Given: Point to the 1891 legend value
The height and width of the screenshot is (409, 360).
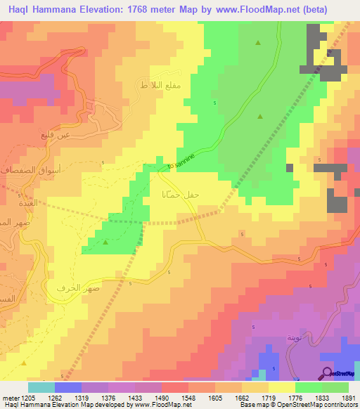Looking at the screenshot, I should coord(348,397).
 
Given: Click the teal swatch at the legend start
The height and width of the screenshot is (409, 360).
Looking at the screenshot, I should coord(41,387).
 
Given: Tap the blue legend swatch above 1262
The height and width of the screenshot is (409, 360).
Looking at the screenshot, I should coord(68,387).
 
